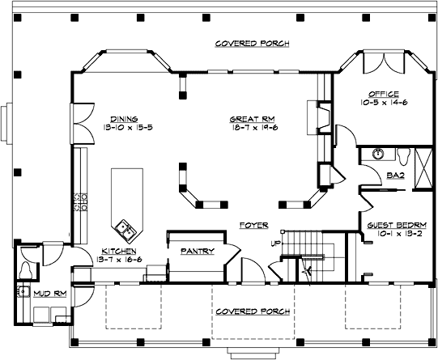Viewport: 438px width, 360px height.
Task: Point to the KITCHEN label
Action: point(118,251)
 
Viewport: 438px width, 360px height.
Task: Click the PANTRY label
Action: point(197,251)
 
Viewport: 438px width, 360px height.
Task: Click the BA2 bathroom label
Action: point(396,173)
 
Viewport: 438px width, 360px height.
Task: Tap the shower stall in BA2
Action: point(422,168)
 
